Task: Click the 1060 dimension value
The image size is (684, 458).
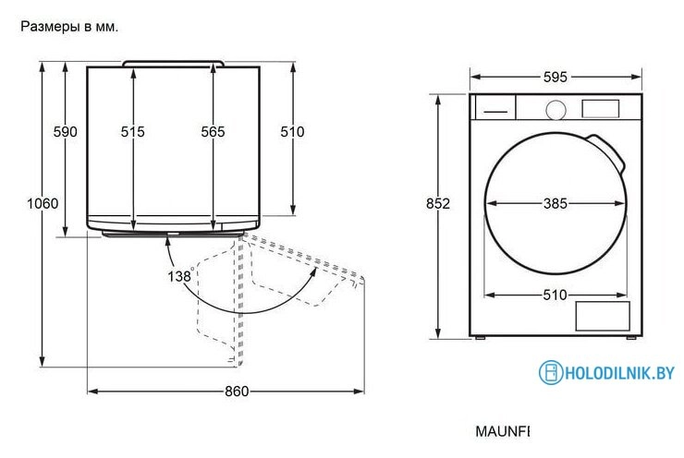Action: [43, 203]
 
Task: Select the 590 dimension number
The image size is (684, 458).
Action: [65, 132]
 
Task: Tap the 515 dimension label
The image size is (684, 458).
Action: [132, 132]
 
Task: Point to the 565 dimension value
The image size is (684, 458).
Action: [213, 132]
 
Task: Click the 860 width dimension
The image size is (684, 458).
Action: [237, 392]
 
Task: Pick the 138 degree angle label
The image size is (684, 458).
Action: [180, 276]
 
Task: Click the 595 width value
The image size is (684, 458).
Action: [556, 78]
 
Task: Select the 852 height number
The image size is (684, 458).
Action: [438, 203]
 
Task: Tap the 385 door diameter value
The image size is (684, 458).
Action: [556, 203]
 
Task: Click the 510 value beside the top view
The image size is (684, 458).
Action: [292, 132]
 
